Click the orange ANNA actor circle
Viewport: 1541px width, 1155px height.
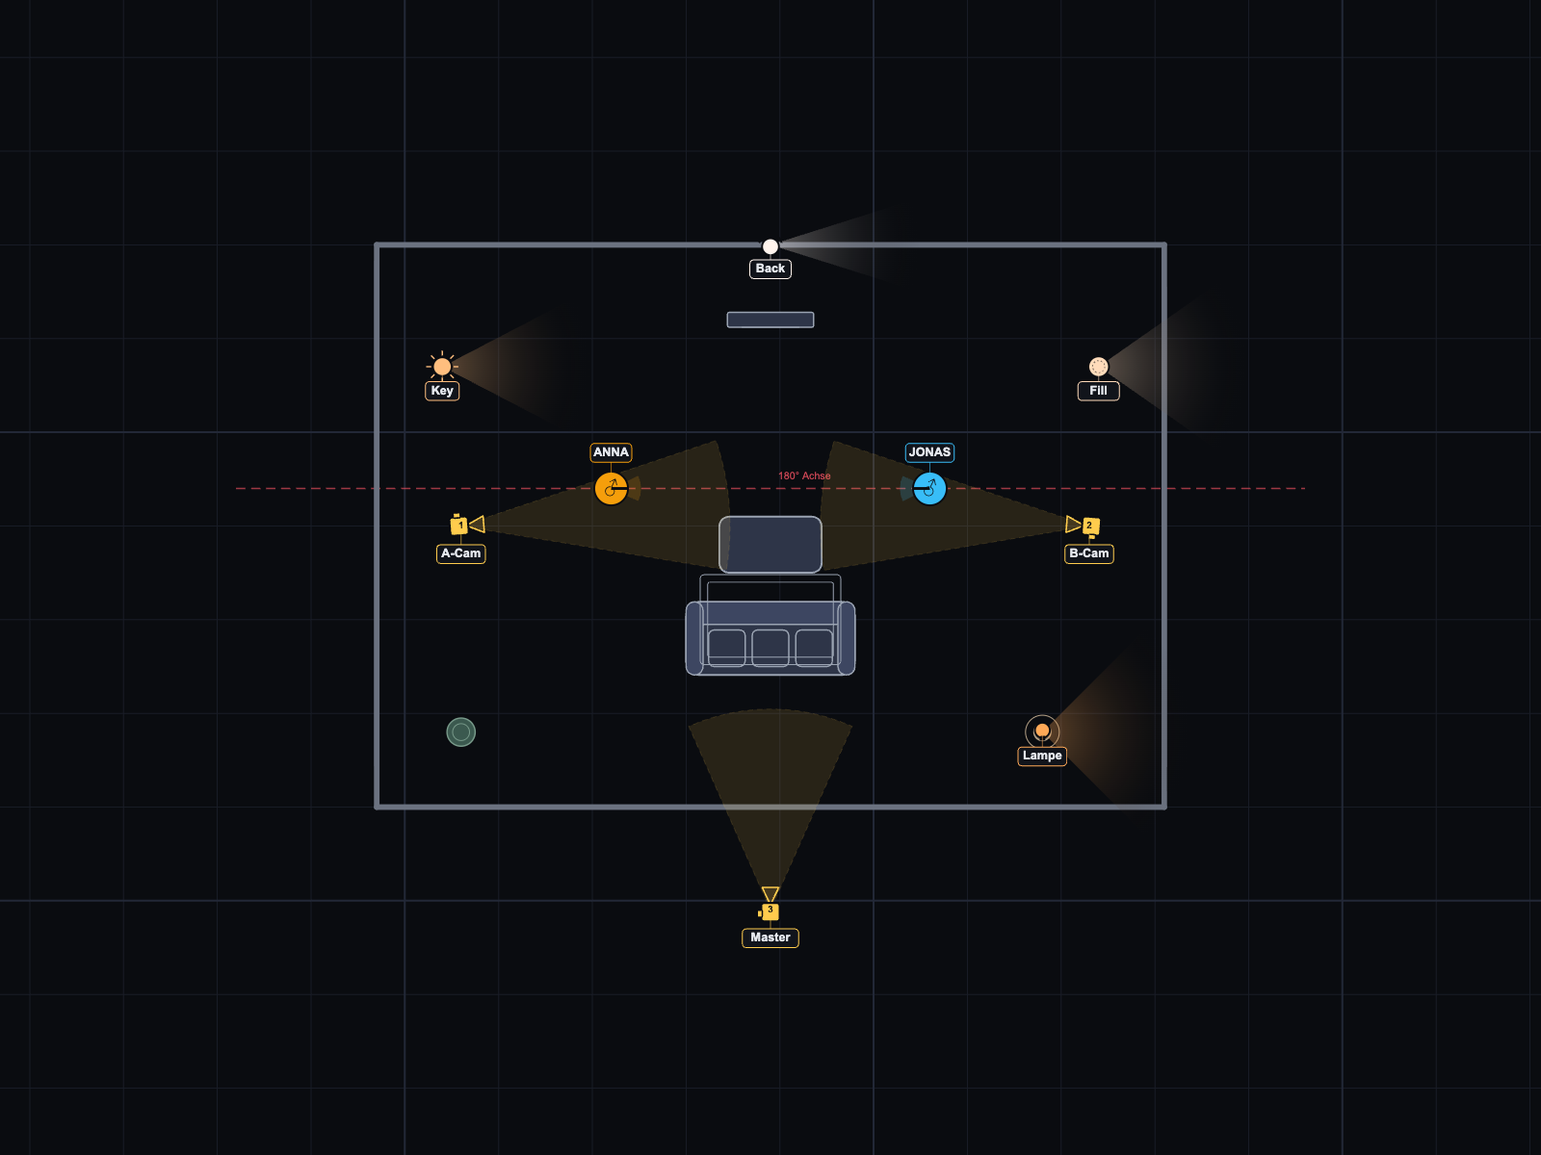611,488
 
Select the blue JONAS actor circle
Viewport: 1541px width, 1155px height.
929,488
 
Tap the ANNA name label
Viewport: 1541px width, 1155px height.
611,452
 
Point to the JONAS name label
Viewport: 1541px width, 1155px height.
929,452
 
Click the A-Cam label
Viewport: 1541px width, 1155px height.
460,553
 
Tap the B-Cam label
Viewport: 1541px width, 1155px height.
1089,553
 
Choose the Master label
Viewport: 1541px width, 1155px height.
770,937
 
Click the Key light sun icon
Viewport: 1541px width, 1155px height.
442,366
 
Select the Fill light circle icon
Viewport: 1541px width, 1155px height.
1099,366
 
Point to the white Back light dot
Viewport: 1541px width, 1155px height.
770,246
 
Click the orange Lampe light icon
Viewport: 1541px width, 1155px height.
1042,731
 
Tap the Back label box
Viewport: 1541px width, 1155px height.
770,269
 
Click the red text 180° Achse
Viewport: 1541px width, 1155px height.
804,475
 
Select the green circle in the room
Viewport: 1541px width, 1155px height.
461,732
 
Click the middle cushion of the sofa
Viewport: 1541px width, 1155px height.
770,647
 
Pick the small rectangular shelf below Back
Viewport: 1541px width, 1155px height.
770,320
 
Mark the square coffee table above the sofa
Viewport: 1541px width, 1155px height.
770,544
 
